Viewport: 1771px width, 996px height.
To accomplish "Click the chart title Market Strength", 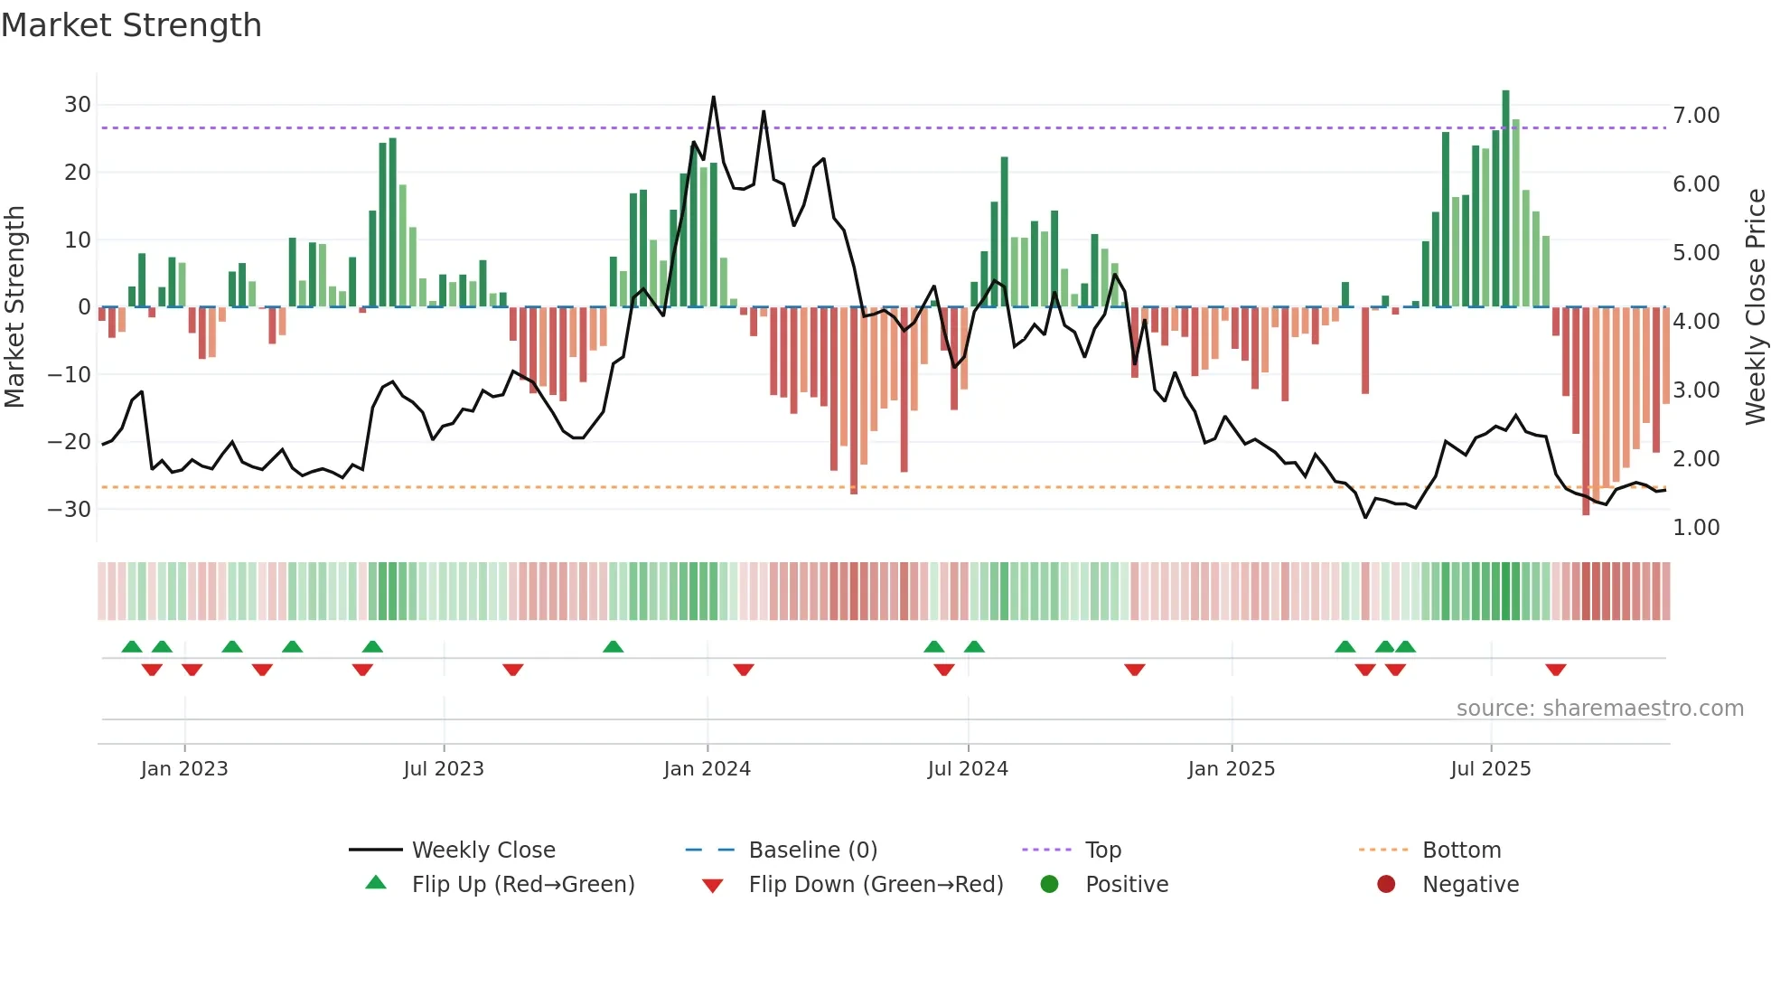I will [x=131, y=25].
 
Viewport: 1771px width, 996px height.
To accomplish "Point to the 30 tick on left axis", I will [x=78, y=105].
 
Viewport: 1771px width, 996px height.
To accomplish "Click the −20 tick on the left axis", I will [x=70, y=442].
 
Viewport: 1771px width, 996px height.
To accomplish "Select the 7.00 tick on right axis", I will [x=1696, y=116].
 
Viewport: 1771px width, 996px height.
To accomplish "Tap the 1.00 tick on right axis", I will [x=1696, y=528].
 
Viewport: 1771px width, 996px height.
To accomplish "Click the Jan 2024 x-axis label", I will [x=707, y=769].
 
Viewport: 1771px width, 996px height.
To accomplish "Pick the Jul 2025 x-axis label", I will [x=1490, y=769].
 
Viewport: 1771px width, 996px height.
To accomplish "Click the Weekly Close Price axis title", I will [x=1755, y=307].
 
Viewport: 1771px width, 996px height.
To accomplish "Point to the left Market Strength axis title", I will [x=14, y=307].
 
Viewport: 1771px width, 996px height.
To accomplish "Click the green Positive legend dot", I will [x=1049, y=885].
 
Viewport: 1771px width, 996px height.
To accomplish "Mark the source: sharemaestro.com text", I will [x=1599, y=709].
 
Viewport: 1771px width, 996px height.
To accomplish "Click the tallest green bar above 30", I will [x=1505, y=199].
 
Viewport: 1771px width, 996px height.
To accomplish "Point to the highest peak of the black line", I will [x=713, y=97].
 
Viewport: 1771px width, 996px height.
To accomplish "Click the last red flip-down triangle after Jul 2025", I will [x=1555, y=670].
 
